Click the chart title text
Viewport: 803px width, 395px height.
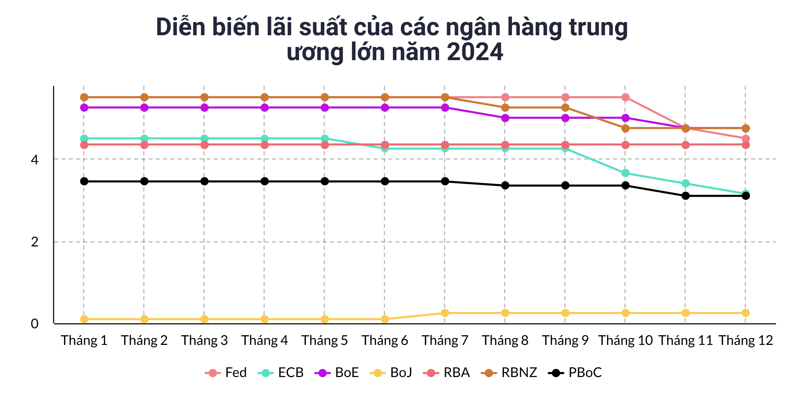point(392,39)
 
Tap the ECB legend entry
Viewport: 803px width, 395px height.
point(281,373)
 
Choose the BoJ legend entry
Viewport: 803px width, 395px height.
point(391,373)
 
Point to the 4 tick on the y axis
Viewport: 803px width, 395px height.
point(35,160)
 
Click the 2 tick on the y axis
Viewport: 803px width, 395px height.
point(35,242)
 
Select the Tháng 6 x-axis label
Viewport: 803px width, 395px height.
point(385,341)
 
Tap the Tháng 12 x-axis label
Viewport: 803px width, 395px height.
point(746,341)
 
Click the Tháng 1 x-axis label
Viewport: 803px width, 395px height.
point(84,341)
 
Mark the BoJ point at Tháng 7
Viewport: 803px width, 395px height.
point(445,313)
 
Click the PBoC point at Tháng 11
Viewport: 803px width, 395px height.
point(685,196)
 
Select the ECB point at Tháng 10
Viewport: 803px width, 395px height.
point(625,173)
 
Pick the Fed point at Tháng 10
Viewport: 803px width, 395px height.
point(625,97)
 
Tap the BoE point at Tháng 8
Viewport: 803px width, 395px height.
point(505,118)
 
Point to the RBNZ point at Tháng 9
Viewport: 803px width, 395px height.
point(565,108)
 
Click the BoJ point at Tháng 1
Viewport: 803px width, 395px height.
point(84,319)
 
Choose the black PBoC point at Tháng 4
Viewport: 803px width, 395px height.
point(264,181)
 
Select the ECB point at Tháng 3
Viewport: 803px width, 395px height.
point(204,139)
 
